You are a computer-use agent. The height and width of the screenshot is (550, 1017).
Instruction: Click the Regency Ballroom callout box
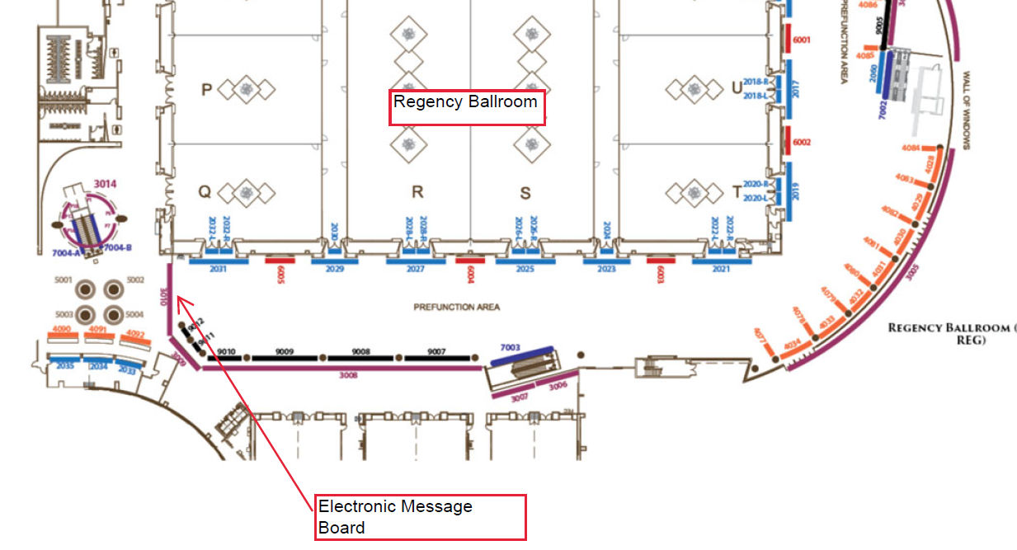pyautogui.click(x=466, y=107)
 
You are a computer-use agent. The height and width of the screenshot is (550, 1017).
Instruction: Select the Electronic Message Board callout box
pyautogui.click(x=420, y=517)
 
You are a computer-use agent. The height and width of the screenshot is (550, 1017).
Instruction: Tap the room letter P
pyautogui.click(x=207, y=89)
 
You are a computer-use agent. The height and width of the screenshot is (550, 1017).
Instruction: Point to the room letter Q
pyautogui.click(x=205, y=192)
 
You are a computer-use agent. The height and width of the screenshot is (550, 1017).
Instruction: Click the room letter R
pyautogui.click(x=417, y=193)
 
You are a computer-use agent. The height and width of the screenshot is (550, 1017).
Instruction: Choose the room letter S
pyautogui.click(x=525, y=194)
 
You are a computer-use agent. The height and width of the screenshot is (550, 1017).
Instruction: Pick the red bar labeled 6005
pyautogui.click(x=280, y=261)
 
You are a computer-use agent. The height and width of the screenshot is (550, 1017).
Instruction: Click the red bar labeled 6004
pyautogui.click(x=470, y=261)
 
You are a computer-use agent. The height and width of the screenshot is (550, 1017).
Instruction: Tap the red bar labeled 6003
pyautogui.click(x=661, y=261)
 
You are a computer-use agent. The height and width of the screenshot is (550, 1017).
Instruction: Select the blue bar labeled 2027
pyautogui.click(x=416, y=261)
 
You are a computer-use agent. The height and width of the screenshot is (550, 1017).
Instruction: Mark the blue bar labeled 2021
pyautogui.click(x=721, y=261)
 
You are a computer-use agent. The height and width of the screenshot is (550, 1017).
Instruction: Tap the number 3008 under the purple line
pyautogui.click(x=348, y=374)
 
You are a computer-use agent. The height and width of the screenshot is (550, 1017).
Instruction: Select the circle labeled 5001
pyautogui.click(x=86, y=289)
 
